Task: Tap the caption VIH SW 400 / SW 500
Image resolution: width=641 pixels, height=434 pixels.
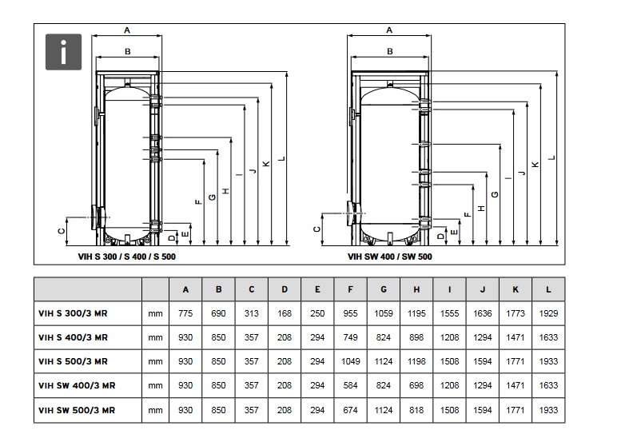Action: pos(389,257)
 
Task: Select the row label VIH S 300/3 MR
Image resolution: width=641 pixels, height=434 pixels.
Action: pos(73,313)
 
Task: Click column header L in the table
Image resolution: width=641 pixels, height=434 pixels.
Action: pos(547,289)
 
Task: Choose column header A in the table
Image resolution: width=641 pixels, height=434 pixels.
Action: pos(185,289)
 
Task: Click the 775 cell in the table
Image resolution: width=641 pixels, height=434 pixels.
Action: pos(185,313)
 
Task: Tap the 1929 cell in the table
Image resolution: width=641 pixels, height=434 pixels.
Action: pos(547,313)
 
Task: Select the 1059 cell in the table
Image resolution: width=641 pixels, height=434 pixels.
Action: pos(384,313)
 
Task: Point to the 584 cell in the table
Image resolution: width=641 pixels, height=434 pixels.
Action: pos(350,385)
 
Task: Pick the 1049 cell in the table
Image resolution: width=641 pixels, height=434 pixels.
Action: pos(350,361)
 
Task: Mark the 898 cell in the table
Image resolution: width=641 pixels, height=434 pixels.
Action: pos(416,337)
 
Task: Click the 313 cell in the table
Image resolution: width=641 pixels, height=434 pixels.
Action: pos(252,313)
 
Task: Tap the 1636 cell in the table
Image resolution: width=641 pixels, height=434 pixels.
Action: pos(482,313)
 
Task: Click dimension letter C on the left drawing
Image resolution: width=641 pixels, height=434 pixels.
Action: pos(62,231)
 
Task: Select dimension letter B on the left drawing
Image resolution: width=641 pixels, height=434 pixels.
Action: pos(128,51)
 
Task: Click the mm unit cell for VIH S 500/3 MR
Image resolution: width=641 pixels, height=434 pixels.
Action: pos(155,361)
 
